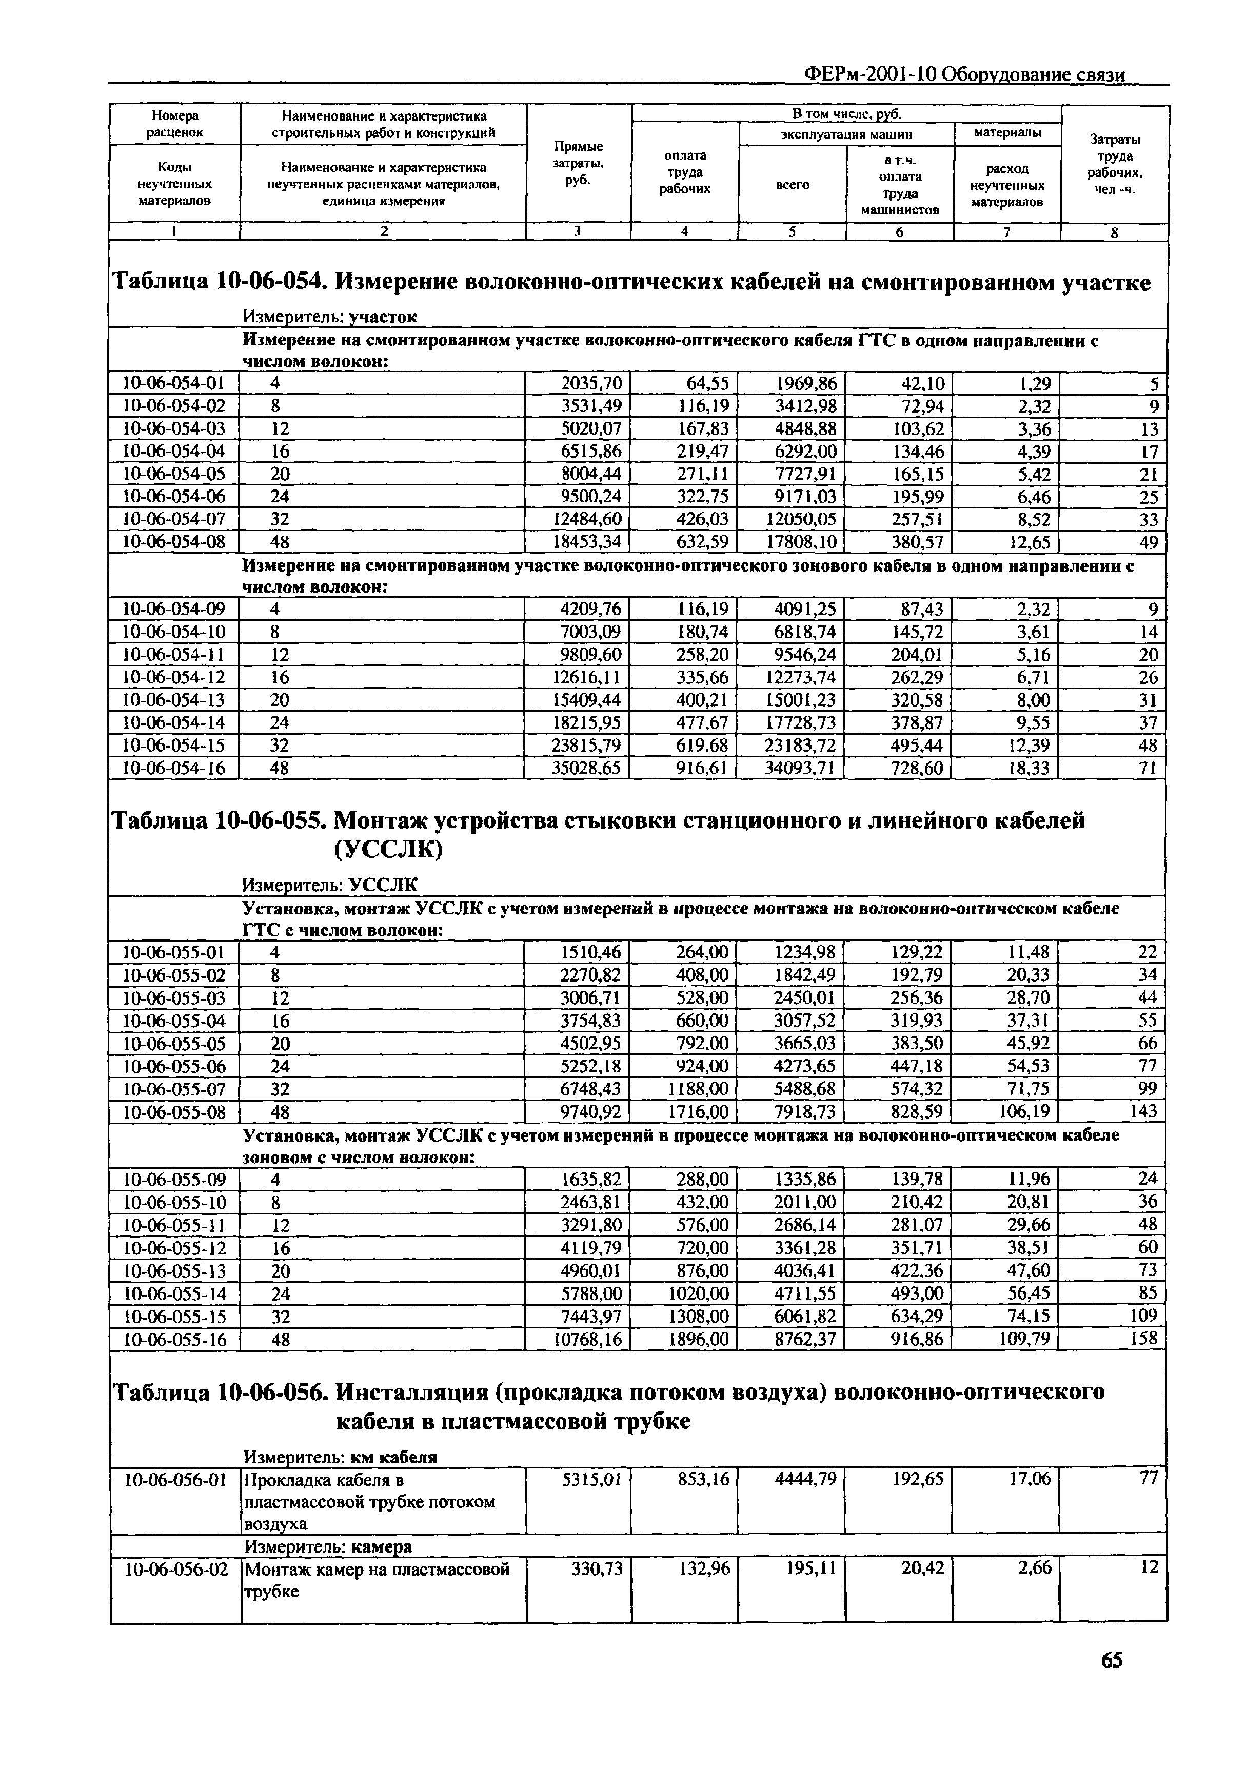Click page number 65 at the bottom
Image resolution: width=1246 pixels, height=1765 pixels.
(1111, 1682)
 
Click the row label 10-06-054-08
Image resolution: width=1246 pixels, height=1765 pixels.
(174, 542)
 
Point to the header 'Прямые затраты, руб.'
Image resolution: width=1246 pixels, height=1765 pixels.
(578, 163)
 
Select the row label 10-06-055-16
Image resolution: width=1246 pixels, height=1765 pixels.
(174, 1339)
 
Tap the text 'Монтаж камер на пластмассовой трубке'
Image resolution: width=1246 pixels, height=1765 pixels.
(376, 1580)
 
